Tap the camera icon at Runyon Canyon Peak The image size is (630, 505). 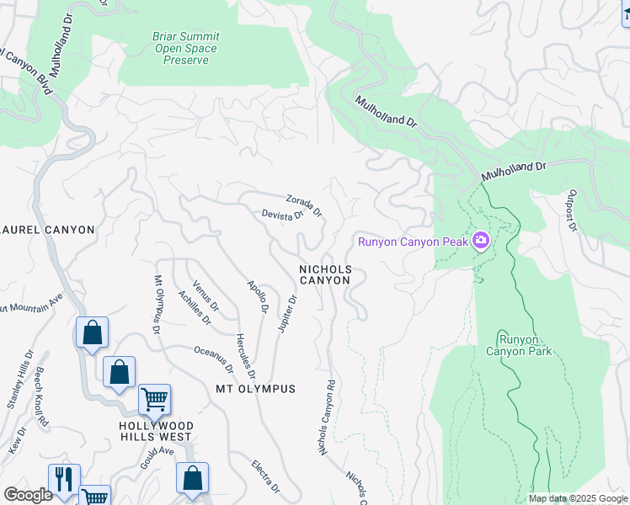(x=481, y=242)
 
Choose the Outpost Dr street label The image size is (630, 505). (x=570, y=210)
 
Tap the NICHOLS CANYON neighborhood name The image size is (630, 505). (x=324, y=274)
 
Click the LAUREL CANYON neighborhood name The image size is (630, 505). (x=47, y=229)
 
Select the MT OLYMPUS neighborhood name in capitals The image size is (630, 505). (x=256, y=389)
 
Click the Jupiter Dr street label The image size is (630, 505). (x=287, y=312)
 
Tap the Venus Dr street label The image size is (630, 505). (x=206, y=295)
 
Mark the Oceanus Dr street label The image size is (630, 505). (x=213, y=359)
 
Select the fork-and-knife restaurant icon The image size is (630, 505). (x=64, y=477)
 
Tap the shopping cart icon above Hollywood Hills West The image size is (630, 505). (x=154, y=399)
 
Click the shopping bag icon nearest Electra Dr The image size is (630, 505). (x=192, y=477)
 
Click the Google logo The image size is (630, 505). (x=28, y=495)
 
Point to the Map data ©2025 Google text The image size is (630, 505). (x=577, y=498)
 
